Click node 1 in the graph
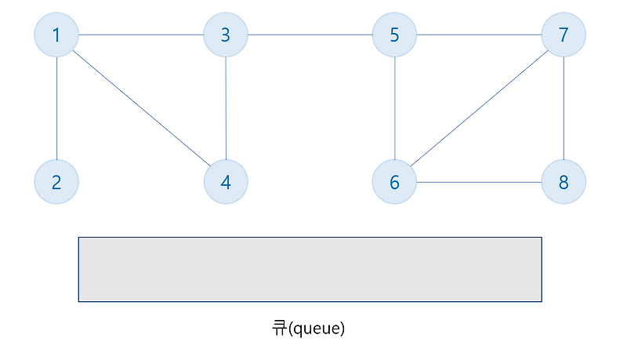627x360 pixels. point(56,35)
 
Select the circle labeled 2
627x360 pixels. point(56,182)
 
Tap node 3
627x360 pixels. point(226,35)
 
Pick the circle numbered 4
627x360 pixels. point(226,182)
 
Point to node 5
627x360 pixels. point(394,35)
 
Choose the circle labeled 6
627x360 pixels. point(394,182)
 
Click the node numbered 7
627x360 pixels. point(564,35)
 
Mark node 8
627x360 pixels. point(564,182)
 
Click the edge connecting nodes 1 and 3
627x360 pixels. point(141,35)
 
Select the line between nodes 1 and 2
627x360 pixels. point(56,108)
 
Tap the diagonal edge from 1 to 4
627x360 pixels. point(142,108)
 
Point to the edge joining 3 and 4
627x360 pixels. point(226,108)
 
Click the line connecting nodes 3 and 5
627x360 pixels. point(310,35)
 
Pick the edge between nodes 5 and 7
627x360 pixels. point(479,35)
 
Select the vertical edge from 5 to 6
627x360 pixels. point(395,108)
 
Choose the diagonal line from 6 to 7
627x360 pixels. point(479,108)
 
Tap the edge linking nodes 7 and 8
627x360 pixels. point(564,108)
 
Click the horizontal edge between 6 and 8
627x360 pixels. point(479,183)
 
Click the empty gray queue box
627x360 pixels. point(310,269)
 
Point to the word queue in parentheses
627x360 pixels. point(316,329)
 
